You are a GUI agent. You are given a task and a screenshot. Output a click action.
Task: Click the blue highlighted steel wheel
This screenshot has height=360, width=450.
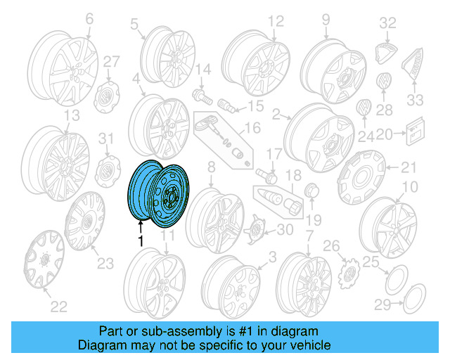(155, 192)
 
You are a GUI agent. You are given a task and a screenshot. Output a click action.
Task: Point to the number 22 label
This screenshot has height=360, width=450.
(58, 305)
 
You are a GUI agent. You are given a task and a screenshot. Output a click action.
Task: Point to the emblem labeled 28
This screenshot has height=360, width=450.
(384, 83)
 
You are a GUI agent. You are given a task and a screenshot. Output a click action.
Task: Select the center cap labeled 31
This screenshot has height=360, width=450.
(105, 169)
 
